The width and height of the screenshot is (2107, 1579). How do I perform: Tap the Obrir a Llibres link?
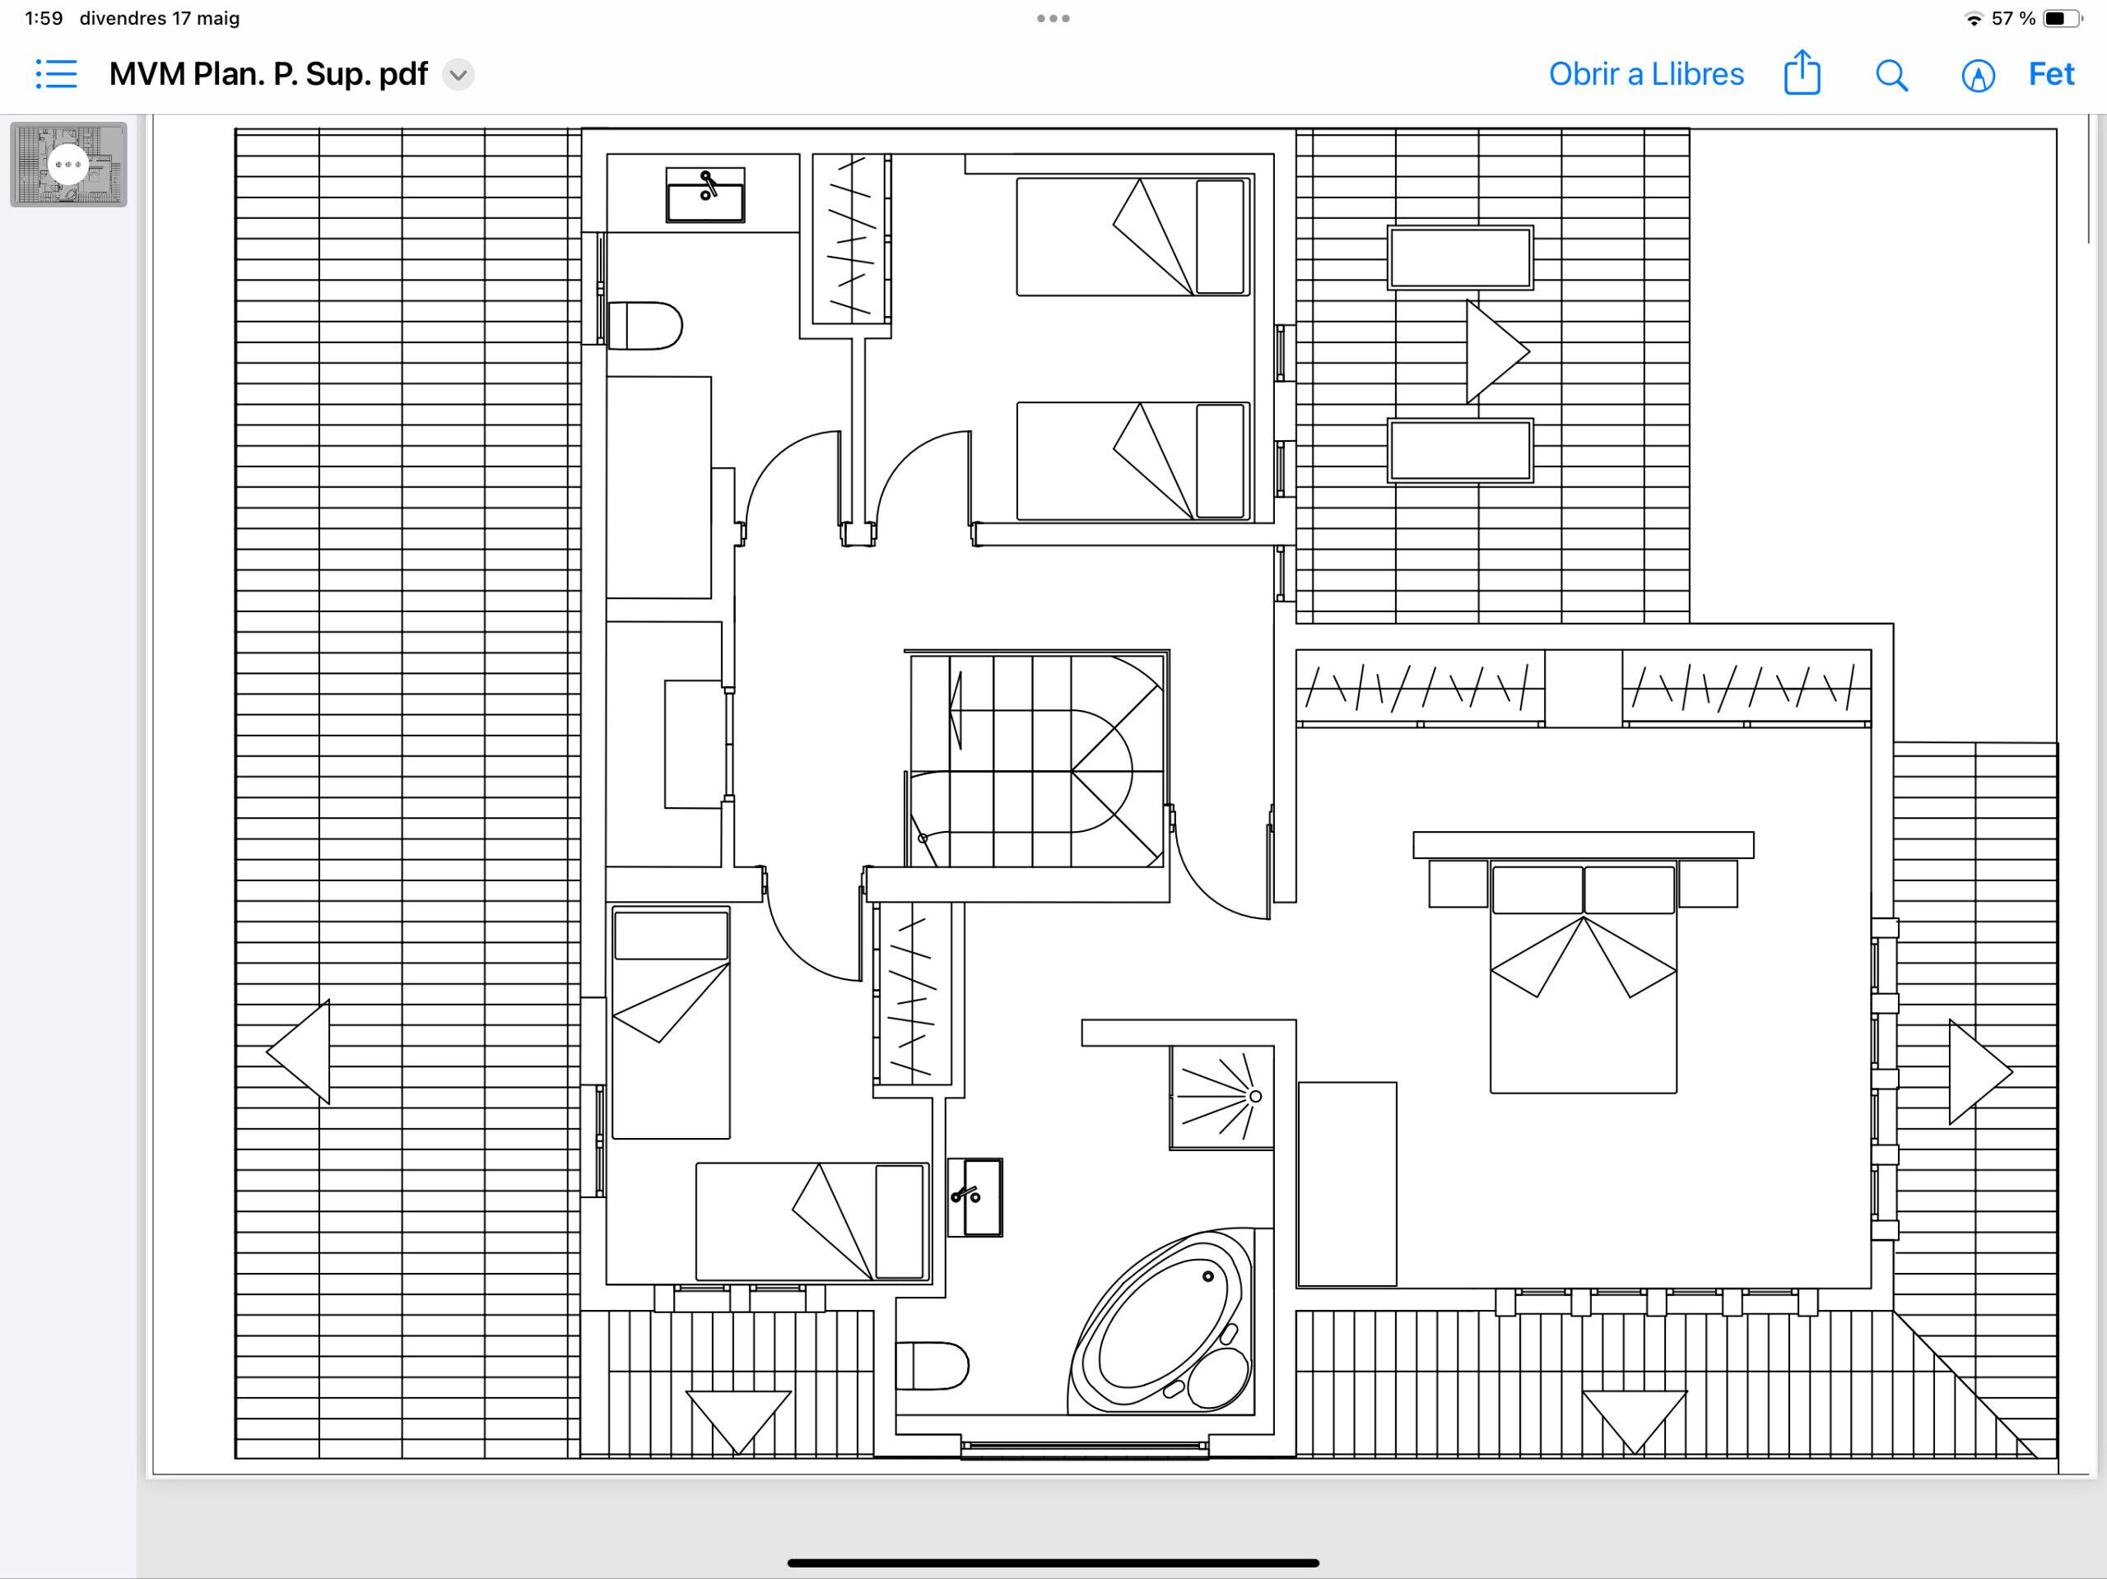pyautogui.click(x=1646, y=74)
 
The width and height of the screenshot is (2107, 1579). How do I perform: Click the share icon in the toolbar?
pyautogui.click(x=1801, y=72)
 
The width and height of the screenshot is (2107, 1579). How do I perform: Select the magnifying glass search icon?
pyautogui.click(x=1891, y=75)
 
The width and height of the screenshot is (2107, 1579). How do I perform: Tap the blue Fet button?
pyautogui.click(x=2051, y=74)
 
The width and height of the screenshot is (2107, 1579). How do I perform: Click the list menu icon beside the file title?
pyautogui.click(x=56, y=73)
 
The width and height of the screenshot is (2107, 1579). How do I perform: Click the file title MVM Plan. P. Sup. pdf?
pyautogui.click(x=268, y=74)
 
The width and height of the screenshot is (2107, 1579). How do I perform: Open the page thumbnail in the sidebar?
pyautogui.click(x=68, y=164)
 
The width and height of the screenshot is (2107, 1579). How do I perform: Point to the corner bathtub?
pyautogui.click(x=1162, y=1321)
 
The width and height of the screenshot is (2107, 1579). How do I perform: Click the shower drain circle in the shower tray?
pyautogui.click(x=1255, y=1096)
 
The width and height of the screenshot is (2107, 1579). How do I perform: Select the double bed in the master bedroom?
pyautogui.click(x=1583, y=976)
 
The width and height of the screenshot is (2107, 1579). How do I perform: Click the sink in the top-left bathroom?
pyautogui.click(x=705, y=195)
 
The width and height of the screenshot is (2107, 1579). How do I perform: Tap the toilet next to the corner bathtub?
pyautogui.click(x=932, y=1366)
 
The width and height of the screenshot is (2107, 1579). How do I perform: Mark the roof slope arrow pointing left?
pyautogui.click(x=298, y=1052)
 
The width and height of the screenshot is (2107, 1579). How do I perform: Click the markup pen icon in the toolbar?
pyautogui.click(x=1979, y=75)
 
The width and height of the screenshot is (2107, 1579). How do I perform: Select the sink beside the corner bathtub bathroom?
pyautogui.click(x=974, y=1197)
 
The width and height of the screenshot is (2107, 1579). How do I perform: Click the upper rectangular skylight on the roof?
pyautogui.click(x=1460, y=258)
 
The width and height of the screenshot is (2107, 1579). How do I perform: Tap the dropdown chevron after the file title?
pyautogui.click(x=458, y=74)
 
